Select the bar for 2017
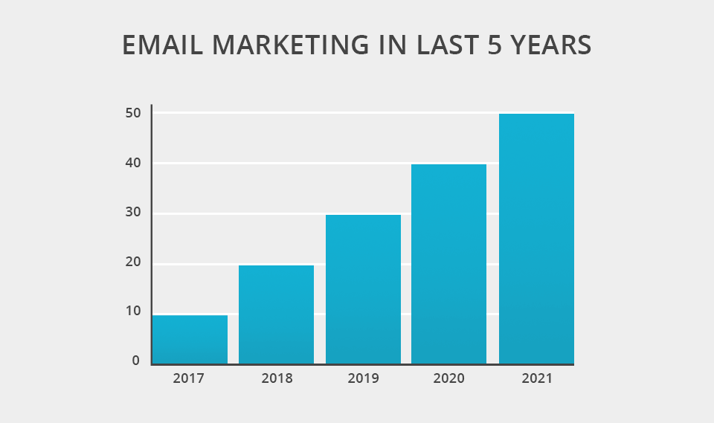click(x=190, y=340)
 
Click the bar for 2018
click(x=276, y=314)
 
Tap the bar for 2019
click(x=363, y=289)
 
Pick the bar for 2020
click(x=448, y=264)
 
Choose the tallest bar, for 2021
click(x=536, y=239)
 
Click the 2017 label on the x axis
click(x=188, y=378)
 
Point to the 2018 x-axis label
click(x=277, y=378)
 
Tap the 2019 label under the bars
click(x=363, y=378)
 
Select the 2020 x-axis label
click(x=448, y=378)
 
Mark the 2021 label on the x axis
click(x=537, y=378)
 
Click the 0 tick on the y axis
click(x=135, y=361)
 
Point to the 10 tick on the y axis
click(x=132, y=311)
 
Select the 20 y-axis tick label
click(x=132, y=262)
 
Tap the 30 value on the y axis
click(x=132, y=213)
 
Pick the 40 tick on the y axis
click(x=132, y=163)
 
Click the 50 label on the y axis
click(x=132, y=113)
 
